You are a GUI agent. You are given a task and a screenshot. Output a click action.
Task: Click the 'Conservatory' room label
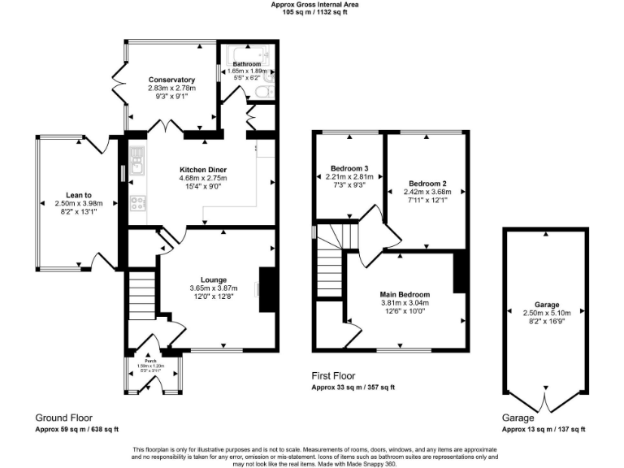click(x=171, y=80)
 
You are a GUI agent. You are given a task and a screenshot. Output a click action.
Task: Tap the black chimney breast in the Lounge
click(x=266, y=289)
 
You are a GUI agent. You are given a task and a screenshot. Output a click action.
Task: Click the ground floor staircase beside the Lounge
click(x=141, y=297)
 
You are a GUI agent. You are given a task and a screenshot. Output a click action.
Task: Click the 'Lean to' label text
click(x=79, y=194)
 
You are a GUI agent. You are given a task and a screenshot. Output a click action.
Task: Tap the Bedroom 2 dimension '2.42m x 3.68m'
click(x=428, y=192)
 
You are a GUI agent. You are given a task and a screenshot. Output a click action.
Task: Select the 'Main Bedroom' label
click(x=404, y=294)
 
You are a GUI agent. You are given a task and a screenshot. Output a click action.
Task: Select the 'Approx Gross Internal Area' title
click(x=314, y=5)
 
